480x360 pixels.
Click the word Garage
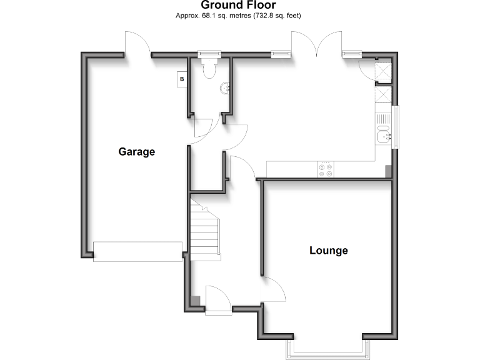(x=136, y=152)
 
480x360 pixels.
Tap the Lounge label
(x=329, y=251)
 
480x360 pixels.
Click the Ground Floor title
(x=238, y=5)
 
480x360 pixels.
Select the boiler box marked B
(x=182, y=79)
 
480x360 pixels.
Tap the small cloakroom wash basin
(x=226, y=89)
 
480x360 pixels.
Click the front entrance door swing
(x=218, y=299)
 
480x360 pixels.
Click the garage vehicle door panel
(x=137, y=251)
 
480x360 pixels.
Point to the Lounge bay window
(x=325, y=347)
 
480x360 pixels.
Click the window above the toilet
(x=206, y=54)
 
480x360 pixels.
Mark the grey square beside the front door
(x=196, y=301)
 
